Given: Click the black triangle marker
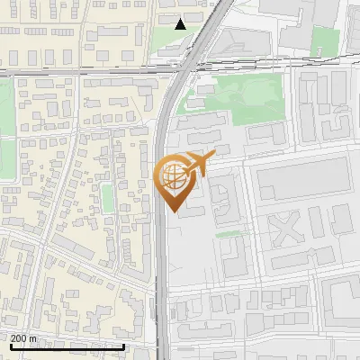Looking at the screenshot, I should click(x=181, y=23).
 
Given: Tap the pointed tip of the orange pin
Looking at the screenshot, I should click(x=174, y=211).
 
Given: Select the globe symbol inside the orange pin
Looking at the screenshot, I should click(x=174, y=177).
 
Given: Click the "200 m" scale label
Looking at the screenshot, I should click(x=23, y=337).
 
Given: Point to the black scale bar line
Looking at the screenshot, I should click(x=67, y=346).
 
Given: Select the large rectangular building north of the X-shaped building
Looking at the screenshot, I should click(x=302, y=179).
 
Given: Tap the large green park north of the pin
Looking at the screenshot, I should click(x=236, y=96).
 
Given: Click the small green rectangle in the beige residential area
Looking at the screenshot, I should click(x=106, y=198).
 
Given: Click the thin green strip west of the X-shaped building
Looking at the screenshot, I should click(x=230, y=234).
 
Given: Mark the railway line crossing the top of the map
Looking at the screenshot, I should click(x=90, y=68).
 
